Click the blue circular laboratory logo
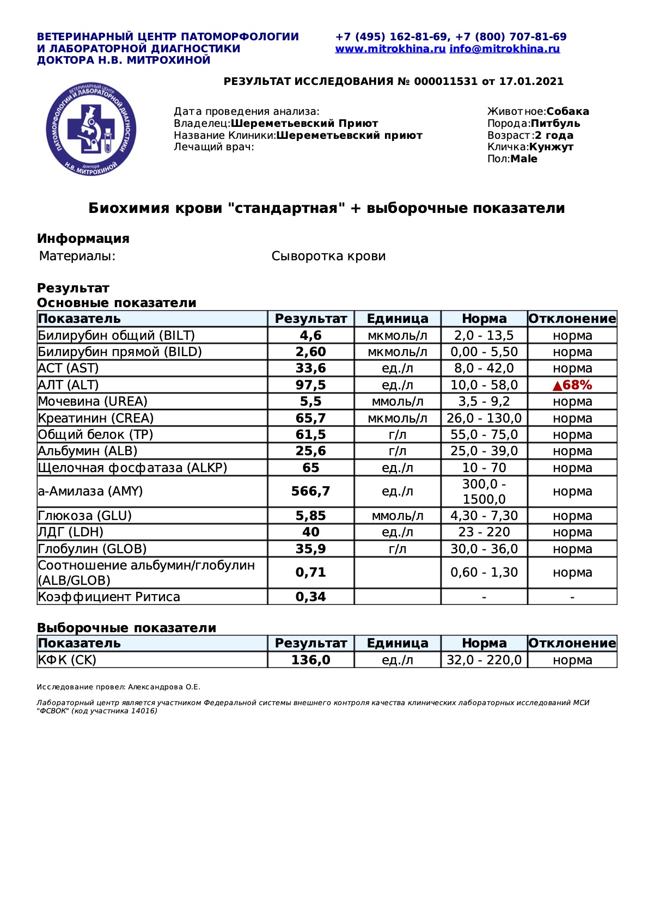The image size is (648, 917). (x=91, y=130)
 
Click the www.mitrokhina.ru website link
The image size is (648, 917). (x=390, y=49)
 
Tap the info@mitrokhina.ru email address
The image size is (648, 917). (x=505, y=49)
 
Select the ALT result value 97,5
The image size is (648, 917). (x=310, y=385)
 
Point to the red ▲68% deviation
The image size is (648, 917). (x=572, y=385)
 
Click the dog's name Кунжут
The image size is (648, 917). (x=551, y=147)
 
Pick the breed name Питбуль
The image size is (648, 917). (x=555, y=124)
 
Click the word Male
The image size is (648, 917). (x=524, y=159)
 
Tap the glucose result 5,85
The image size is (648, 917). (x=310, y=516)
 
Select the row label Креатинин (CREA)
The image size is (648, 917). (x=96, y=418)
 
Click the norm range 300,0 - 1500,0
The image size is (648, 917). (x=484, y=492)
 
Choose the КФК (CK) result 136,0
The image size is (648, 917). (x=310, y=660)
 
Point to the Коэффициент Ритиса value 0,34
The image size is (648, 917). (x=310, y=597)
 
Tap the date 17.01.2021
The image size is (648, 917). (x=531, y=82)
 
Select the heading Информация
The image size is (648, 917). (x=83, y=239)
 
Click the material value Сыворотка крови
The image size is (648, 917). (x=328, y=256)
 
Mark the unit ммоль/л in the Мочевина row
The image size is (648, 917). (x=397, y=402)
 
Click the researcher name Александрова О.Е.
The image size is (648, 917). (x=164, y=687)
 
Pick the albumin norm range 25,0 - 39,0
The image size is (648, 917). (x=484, y=451)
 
